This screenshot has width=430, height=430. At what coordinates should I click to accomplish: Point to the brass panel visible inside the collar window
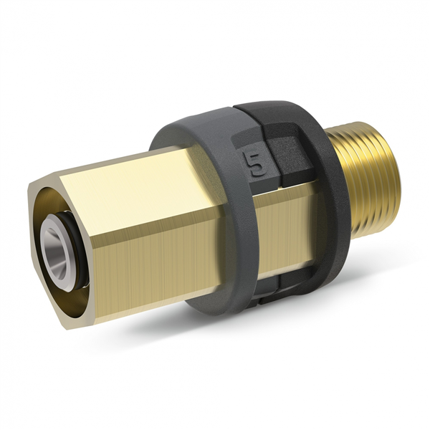[294, 222]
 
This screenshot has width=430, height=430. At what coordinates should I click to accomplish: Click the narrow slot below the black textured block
[287, 188]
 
